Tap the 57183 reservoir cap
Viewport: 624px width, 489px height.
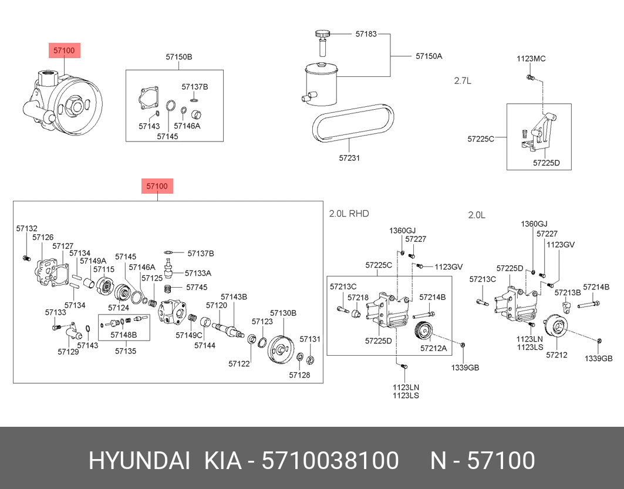[322, 35]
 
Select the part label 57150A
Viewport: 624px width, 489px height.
[429, 56]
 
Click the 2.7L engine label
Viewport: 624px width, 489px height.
[463, 81]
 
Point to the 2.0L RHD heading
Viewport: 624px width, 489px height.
[349, 214]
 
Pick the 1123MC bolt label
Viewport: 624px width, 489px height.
[531, 59]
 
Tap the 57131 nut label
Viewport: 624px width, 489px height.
[310, 339]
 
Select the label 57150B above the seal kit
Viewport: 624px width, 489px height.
[178, 57]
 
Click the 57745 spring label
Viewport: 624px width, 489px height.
[197, 288]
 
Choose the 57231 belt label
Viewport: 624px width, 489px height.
[349, 158]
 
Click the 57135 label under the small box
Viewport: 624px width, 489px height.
[125, 351]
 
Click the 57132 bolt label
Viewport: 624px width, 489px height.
[26, 228]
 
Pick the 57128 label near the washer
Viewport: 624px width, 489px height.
[299, 375]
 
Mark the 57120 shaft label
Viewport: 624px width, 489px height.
[216, 305]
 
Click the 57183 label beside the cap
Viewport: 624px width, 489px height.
[366, 34]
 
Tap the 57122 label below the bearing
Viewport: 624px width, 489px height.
[240, 364]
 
